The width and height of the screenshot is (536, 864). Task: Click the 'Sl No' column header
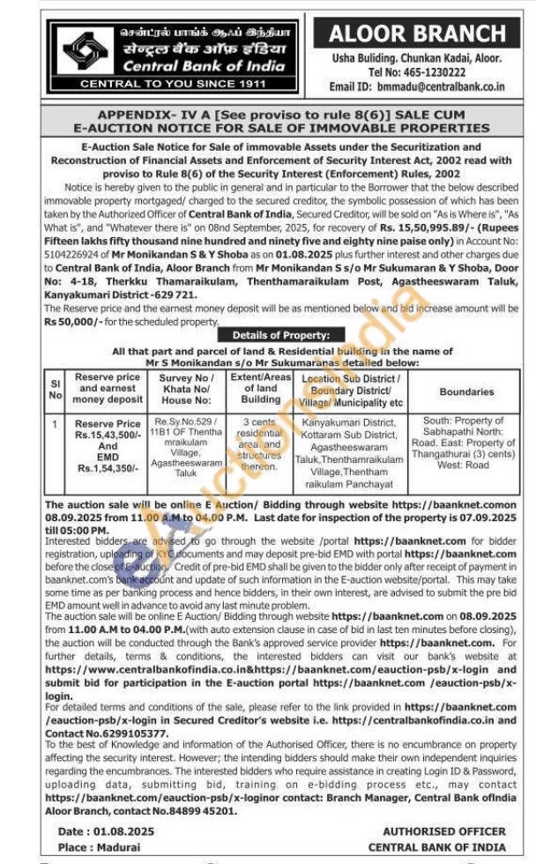tap(56, 390)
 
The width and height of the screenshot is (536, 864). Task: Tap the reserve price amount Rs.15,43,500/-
tap(108, 435)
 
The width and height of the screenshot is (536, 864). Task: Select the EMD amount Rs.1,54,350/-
tap(108, 469)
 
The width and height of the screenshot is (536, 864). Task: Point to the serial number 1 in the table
tap(56, 423)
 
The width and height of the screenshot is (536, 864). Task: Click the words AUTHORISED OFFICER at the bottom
tap(443, 830)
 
